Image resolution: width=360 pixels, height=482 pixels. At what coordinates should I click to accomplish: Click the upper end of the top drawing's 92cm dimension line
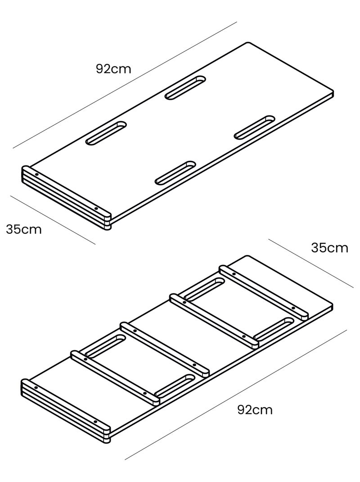237,22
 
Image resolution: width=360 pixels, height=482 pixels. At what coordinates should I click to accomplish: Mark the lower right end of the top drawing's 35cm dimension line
95,244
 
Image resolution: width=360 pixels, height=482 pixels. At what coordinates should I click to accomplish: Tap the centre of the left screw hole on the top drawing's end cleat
36,174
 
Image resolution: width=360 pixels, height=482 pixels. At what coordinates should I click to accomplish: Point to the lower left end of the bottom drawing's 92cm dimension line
125,460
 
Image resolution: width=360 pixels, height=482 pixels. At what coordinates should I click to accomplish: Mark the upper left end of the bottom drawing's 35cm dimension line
269,239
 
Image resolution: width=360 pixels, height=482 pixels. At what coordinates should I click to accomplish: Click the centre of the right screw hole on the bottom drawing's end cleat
95,422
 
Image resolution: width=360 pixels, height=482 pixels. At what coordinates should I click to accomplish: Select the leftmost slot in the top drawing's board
106,133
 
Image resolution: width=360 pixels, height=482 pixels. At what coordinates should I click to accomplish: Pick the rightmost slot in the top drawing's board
255,127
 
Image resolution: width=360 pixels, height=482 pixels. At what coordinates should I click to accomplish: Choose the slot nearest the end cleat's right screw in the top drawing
175,173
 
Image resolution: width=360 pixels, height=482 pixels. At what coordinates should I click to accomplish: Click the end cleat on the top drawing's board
66,198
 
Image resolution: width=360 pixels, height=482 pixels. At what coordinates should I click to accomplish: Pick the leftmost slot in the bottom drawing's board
105,346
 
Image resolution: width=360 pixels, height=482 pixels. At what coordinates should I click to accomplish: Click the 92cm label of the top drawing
113,69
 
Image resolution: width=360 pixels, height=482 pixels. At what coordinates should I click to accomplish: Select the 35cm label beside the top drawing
24,230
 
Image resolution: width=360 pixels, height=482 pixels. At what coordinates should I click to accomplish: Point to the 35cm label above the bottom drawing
330,248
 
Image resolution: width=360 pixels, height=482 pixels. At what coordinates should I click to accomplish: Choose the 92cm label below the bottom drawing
255,410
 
